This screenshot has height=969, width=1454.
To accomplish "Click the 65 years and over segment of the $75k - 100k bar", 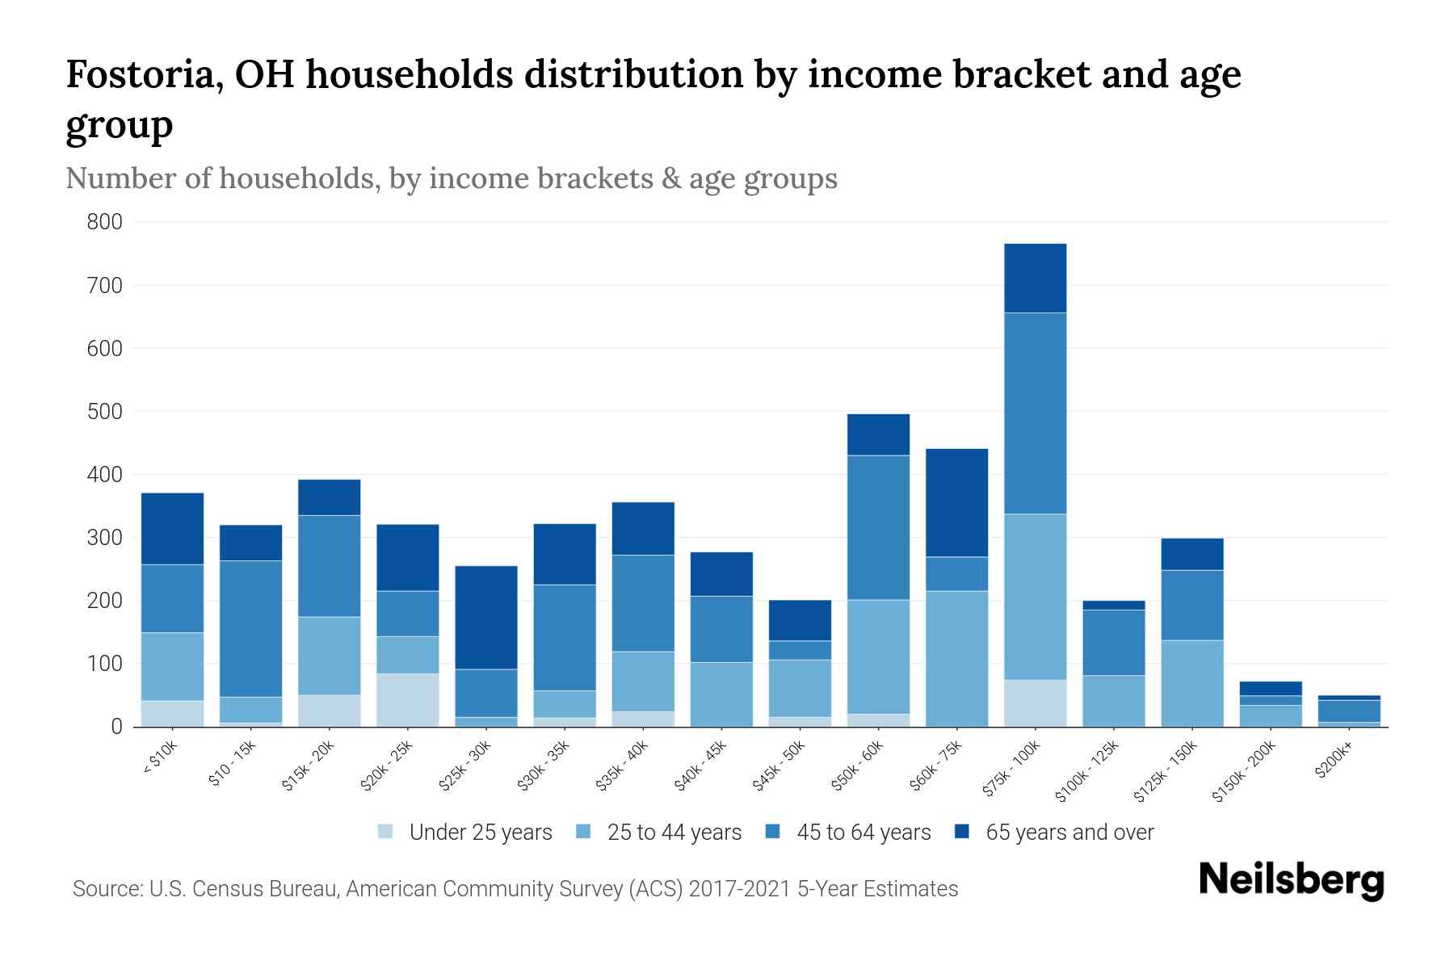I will pos(1035,278).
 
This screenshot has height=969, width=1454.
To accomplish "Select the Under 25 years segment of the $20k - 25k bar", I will pos(408,700).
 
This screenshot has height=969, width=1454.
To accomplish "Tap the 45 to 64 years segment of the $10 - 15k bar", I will pos(251,628).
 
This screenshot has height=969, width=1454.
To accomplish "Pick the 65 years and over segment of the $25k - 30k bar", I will pos(486,617).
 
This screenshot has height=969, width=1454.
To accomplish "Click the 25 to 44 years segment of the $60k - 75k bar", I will pos(956,658).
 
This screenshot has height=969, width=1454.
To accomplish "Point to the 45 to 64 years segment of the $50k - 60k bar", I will pos(878,527).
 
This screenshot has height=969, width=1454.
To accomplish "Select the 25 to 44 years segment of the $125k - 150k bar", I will pos(1191,683).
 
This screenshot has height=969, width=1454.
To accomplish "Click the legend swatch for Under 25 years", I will pos(386,832).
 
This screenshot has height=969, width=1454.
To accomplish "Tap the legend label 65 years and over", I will pos(1069,832).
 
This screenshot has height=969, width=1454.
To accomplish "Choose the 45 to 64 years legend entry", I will pos(864,832).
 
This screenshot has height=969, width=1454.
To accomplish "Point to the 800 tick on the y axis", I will pos(105,222).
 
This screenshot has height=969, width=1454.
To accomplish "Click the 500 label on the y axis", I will pos(105,412).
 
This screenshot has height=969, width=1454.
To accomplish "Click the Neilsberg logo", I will pos(1291,880).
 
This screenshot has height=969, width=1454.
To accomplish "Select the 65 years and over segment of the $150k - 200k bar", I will pos(1271,688).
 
